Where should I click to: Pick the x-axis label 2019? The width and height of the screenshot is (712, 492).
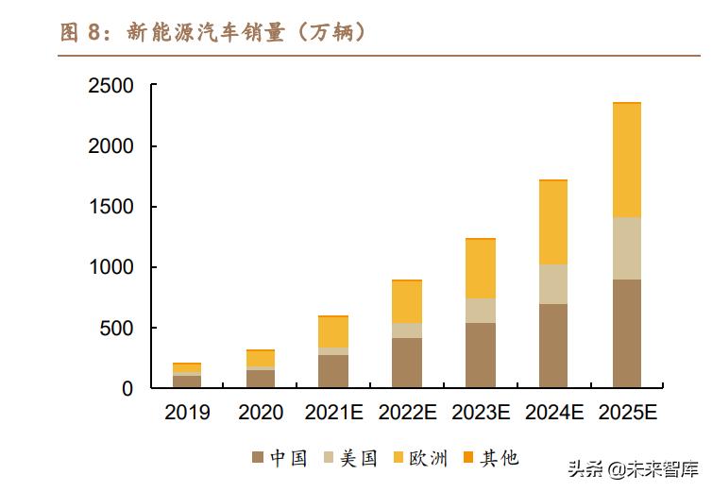click(187, 413)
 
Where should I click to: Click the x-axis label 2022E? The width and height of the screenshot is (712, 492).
click(407, 413)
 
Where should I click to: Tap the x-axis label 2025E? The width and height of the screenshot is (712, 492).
click(627, 413)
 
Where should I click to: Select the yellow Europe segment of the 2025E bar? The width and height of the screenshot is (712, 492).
click(627, 161)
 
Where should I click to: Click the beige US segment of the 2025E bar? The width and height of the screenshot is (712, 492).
click(627, 248)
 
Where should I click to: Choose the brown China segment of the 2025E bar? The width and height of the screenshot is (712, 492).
click(627, 333)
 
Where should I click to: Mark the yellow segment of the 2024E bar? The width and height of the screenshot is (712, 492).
click(553, 223)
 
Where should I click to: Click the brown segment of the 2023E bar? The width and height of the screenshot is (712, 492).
click(480, 355)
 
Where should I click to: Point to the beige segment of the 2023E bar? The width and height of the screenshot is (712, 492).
click(480, 311)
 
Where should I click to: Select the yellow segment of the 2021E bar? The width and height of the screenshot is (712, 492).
click(333, 332)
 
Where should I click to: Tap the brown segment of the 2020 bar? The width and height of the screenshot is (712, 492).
click(261, 379)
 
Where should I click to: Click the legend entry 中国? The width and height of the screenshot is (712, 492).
click(280, 459)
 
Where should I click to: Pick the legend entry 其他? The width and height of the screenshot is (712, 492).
click(490, 459)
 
